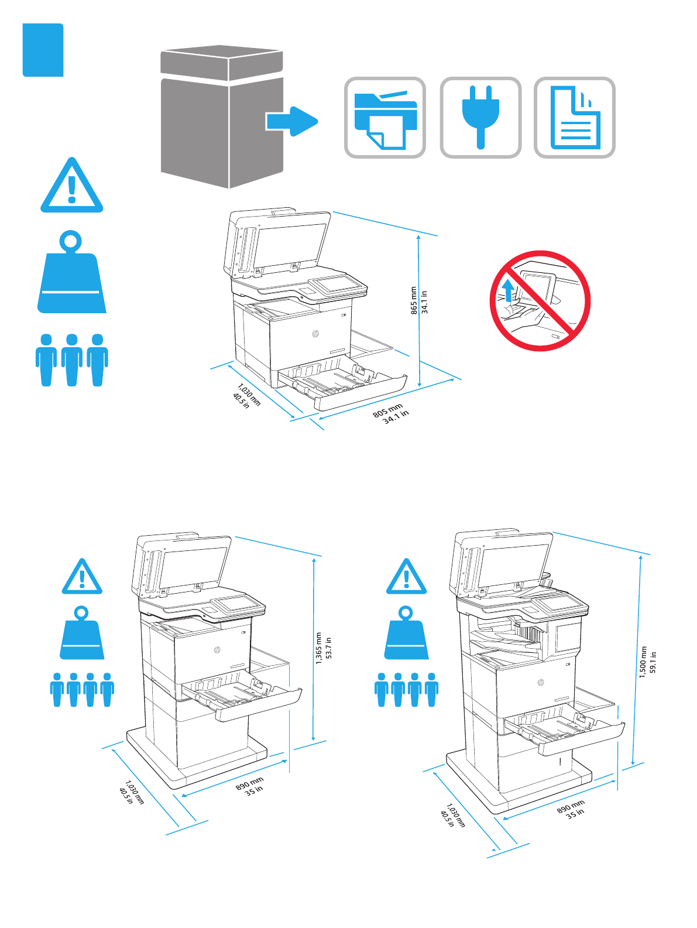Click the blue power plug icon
click(x=480, y=117)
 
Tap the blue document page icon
click(x=575, y=118)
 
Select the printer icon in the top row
click(x=385, y=118)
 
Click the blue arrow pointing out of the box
click(x=291, y=121)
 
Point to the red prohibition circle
click(x=540, y=301)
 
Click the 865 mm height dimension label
click(x=414, y=300)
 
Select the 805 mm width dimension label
click(x=387, y=410)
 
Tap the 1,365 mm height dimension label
click(x=319, y=648)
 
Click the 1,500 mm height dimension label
click(x=643, y=662)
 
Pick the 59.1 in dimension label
click(x=653, y=662)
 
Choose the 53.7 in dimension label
click(x=329, y=648)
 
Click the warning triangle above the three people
click(x=71, y=186)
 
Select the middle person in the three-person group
click(x=72, y=359)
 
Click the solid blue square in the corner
click(x=43, y=50)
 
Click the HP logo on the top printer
click(x=315, y=334)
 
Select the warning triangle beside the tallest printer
click(x=406, y=577)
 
